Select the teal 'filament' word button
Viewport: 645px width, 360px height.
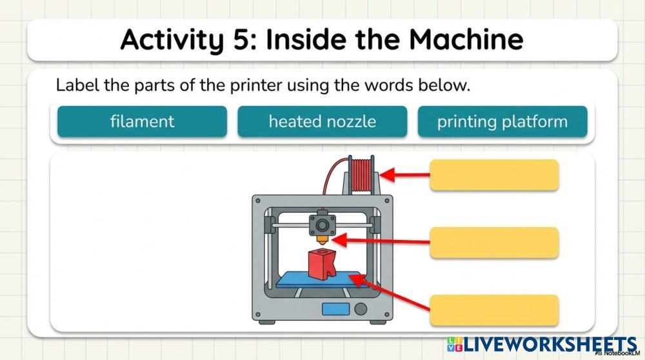pos(142,121)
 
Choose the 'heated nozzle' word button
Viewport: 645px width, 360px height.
pos(322,121)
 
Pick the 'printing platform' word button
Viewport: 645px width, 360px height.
pos(502,121)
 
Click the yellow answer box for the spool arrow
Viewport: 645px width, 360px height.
pos(494,175)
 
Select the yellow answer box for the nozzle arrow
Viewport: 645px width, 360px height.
pos(494,243)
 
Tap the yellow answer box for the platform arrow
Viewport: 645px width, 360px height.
pos(494,310)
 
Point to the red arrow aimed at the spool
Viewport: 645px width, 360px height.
pos(404,175)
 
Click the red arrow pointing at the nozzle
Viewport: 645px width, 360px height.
pos(381,242)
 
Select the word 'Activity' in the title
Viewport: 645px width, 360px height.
pos(166,40)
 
